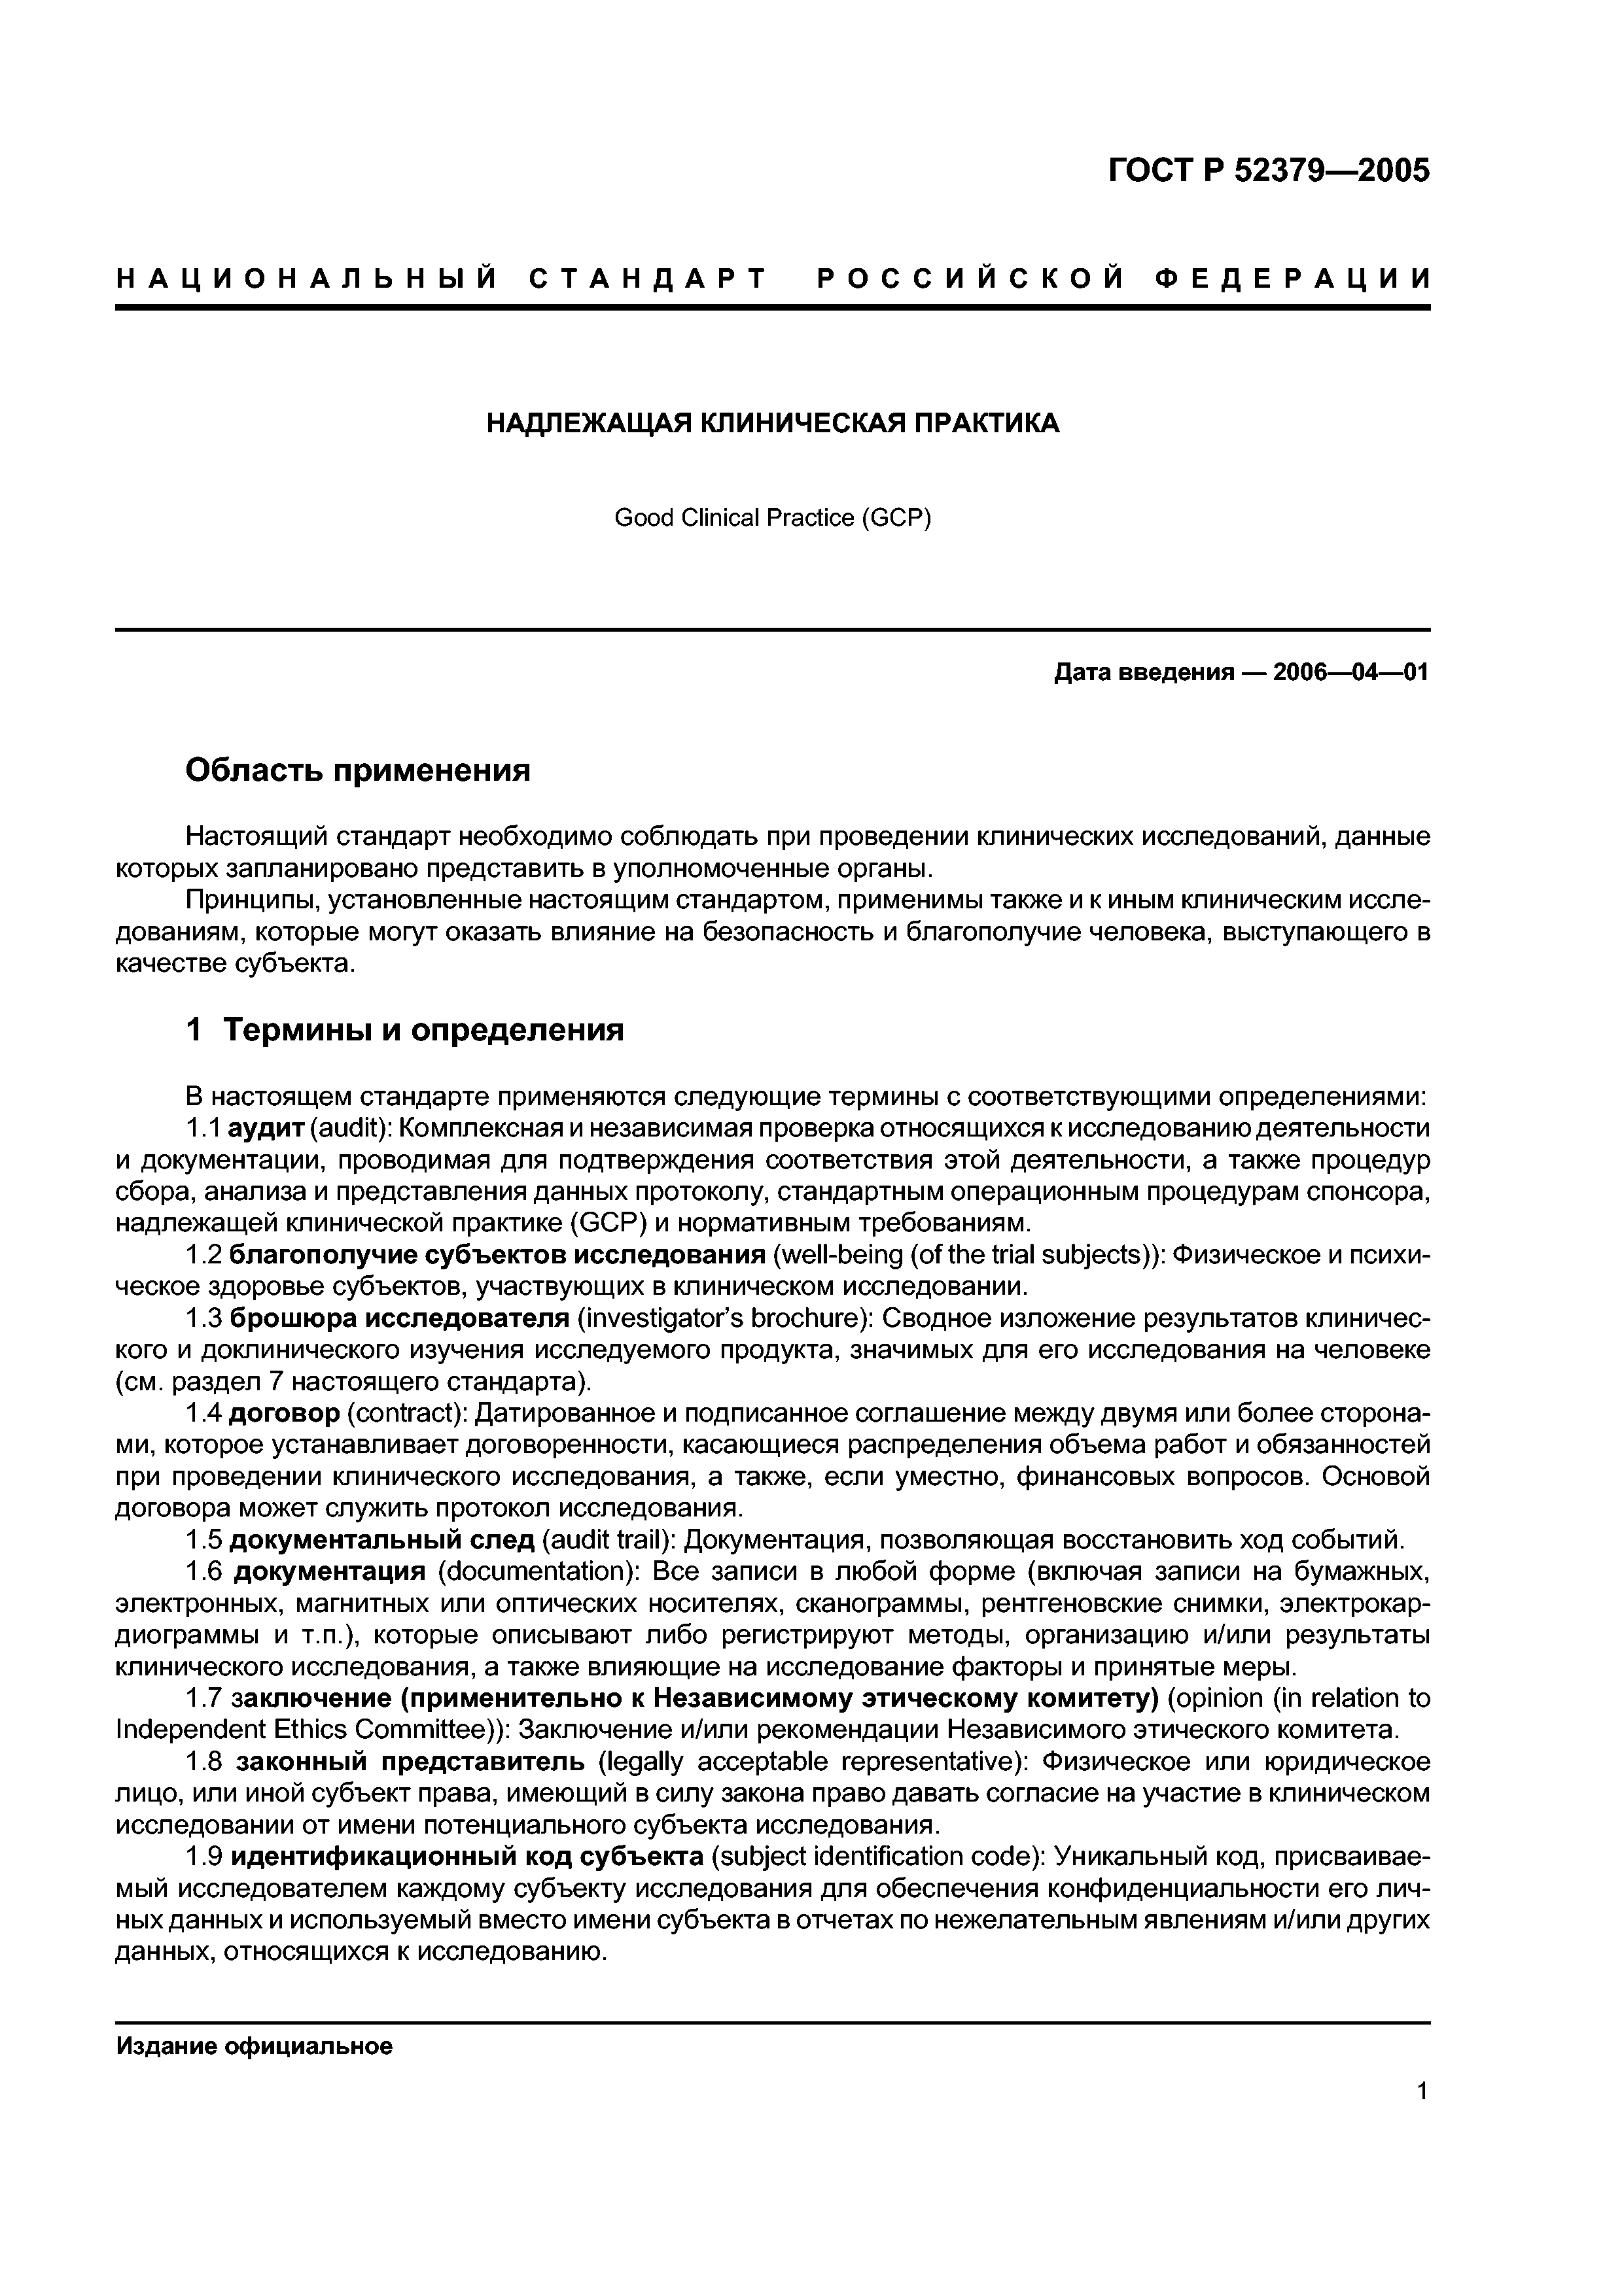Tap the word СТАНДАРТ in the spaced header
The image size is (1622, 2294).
[x=648, y=278]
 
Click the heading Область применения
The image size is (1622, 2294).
[x=358, y=770]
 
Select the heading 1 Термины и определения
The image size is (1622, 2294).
[x=405, y=1029]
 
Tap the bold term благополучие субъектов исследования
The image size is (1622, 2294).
[x=497, y=1255]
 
